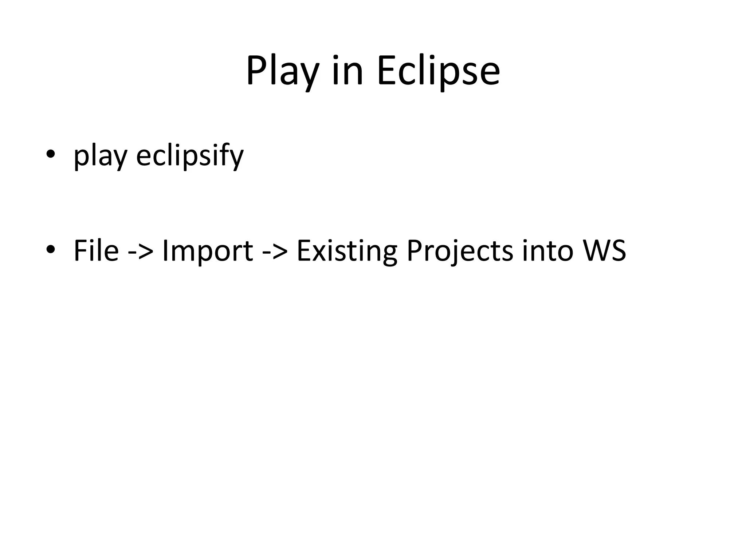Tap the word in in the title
pyautogui.click(x=348, y=71)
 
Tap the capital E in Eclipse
pyautogui.click(x=386, y=71)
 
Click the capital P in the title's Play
pyautogui.click(x=256, y=71)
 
